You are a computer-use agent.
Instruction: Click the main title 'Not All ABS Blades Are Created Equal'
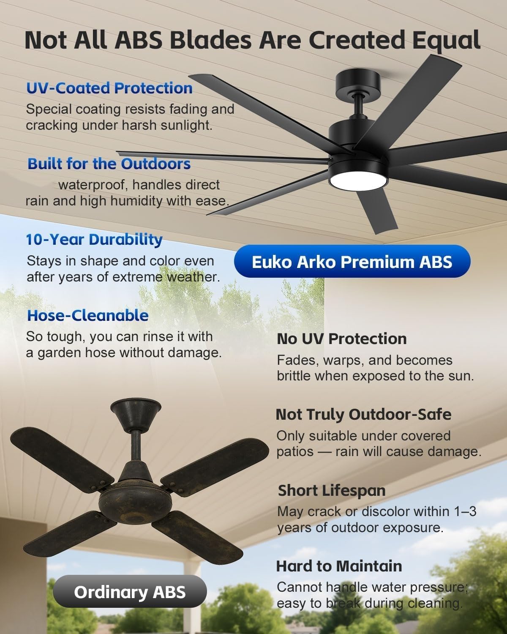click(252, 40)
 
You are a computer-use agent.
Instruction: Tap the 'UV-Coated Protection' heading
click(109, 88)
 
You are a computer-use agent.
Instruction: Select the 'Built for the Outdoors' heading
click(109, 164)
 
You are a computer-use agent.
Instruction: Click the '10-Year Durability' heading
click(94, 239)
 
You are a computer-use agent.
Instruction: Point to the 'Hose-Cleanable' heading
click(88, 315)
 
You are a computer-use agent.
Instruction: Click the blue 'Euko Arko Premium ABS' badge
click(352, 262)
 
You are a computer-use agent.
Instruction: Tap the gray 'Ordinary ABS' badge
click(130, 592)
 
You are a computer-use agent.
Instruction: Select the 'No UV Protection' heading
click(341, 339)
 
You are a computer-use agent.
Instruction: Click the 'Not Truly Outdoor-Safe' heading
click(363, 414)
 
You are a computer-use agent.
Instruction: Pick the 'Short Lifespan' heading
click(332, 490)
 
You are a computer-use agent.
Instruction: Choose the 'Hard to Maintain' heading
click(339, 566)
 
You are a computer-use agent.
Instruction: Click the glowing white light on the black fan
click(358, 182)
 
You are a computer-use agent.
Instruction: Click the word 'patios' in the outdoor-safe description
click(293, 451)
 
